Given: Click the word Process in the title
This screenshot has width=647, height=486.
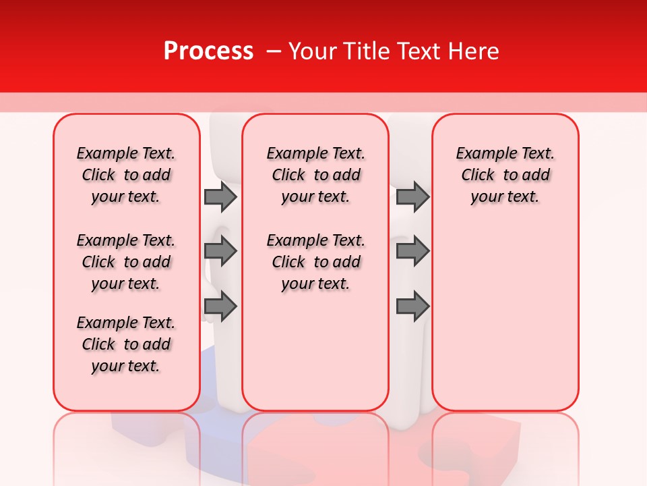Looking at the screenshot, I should (208, 51).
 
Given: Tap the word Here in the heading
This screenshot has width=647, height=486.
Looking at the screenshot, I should (474, 51).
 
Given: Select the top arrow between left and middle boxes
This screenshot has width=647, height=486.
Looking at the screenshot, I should (220, 196).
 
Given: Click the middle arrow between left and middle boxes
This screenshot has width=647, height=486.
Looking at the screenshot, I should (220, 252).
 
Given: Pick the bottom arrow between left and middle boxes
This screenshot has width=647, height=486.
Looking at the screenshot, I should (220, 307).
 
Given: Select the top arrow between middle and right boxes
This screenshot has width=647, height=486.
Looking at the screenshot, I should (412, 196).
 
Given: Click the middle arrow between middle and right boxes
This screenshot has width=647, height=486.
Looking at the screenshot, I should (412, 252).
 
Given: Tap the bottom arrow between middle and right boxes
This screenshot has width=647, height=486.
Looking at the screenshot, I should (412, 307).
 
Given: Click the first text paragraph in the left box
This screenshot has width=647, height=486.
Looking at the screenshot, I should (126, 175).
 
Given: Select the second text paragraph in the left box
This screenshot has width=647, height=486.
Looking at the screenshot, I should (126, 262).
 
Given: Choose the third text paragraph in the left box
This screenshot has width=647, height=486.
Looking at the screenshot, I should (126, 344).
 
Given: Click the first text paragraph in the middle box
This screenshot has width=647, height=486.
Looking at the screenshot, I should (315, 175).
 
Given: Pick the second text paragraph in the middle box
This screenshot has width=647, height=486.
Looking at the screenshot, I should (315, 262).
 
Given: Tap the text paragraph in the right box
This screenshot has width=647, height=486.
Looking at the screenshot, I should (505, 175).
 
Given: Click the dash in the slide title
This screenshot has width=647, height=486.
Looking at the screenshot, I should (274, 51).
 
